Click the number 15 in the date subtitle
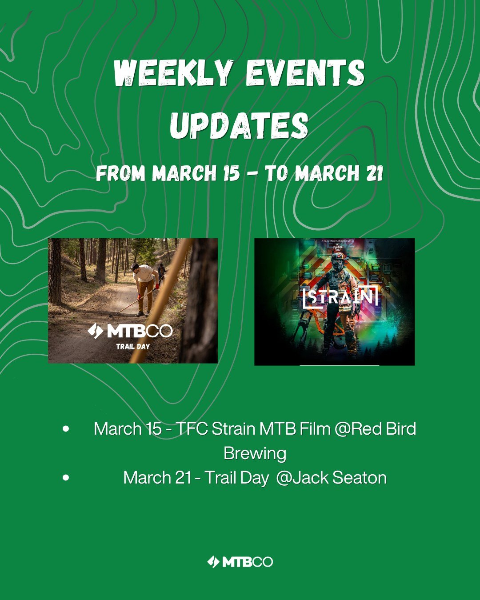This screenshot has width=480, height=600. point(231,173)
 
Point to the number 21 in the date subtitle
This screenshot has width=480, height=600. point(375,173)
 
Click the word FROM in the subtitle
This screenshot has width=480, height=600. point(120,173)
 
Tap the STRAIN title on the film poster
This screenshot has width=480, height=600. point(340,297)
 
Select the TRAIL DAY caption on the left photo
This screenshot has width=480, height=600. point(133,347)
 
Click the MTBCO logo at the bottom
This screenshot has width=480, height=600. point(240,562)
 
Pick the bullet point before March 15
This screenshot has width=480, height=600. point(66,429)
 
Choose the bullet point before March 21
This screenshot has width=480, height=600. point(66,478)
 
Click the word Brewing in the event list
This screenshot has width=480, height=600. point(255,454)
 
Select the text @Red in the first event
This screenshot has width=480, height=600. point(356,429)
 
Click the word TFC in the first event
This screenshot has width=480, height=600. point(192,429)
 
